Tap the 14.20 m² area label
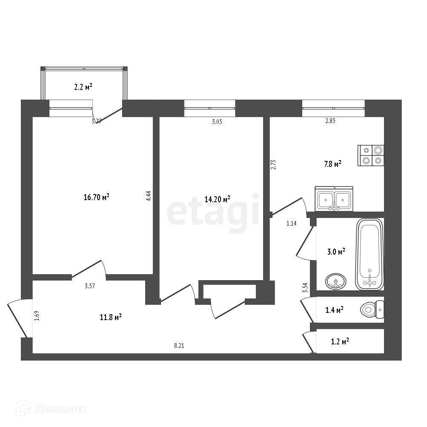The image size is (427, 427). click(218, 198)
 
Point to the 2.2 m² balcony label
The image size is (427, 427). click(83, 87)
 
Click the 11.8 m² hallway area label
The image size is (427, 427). click(110, 317)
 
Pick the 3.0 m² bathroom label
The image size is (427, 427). click(336, 252)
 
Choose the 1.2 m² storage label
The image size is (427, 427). click(340, 341)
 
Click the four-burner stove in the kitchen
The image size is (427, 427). click(372, 155)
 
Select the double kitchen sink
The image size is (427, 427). click(334, 198)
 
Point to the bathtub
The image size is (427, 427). click(370, 254)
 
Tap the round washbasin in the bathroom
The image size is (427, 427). click(336, 281)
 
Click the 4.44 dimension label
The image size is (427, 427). click(148, 196)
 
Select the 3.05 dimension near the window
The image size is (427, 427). click(217, 121)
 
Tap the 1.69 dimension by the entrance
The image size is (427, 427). click(37, 316)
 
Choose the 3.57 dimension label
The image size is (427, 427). click(89, 286)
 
